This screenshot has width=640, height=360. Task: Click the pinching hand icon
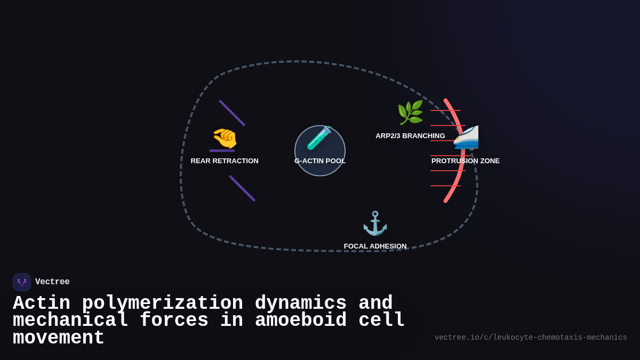pos(225,138)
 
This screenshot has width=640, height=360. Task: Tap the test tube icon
pos(319,138)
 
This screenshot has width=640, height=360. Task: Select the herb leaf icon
pos(410,113)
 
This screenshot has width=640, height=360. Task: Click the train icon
pos(466,138)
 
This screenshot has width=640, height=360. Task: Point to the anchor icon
pos(375,223)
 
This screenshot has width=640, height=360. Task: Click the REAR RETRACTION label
pos(225,161)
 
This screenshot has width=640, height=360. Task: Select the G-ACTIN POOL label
pos(320,161)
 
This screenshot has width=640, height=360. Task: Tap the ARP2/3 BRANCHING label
pos(410,136)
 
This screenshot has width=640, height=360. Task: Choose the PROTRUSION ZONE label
pos(466,161)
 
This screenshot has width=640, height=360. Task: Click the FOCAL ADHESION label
pos(375,246)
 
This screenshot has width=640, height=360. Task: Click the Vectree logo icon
pos(22,282)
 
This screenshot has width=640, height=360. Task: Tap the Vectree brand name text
pos(52,282)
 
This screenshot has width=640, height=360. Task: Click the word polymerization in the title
pos(162,303)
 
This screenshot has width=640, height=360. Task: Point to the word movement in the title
pos(59,338)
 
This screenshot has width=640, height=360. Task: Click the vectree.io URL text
pos(531,338)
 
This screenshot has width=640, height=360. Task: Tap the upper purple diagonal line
pos(232,113)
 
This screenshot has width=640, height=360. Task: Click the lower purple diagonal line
pos(242,188)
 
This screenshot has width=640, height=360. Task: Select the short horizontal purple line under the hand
pos(222,151)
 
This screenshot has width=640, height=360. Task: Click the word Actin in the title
pos(42,303)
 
